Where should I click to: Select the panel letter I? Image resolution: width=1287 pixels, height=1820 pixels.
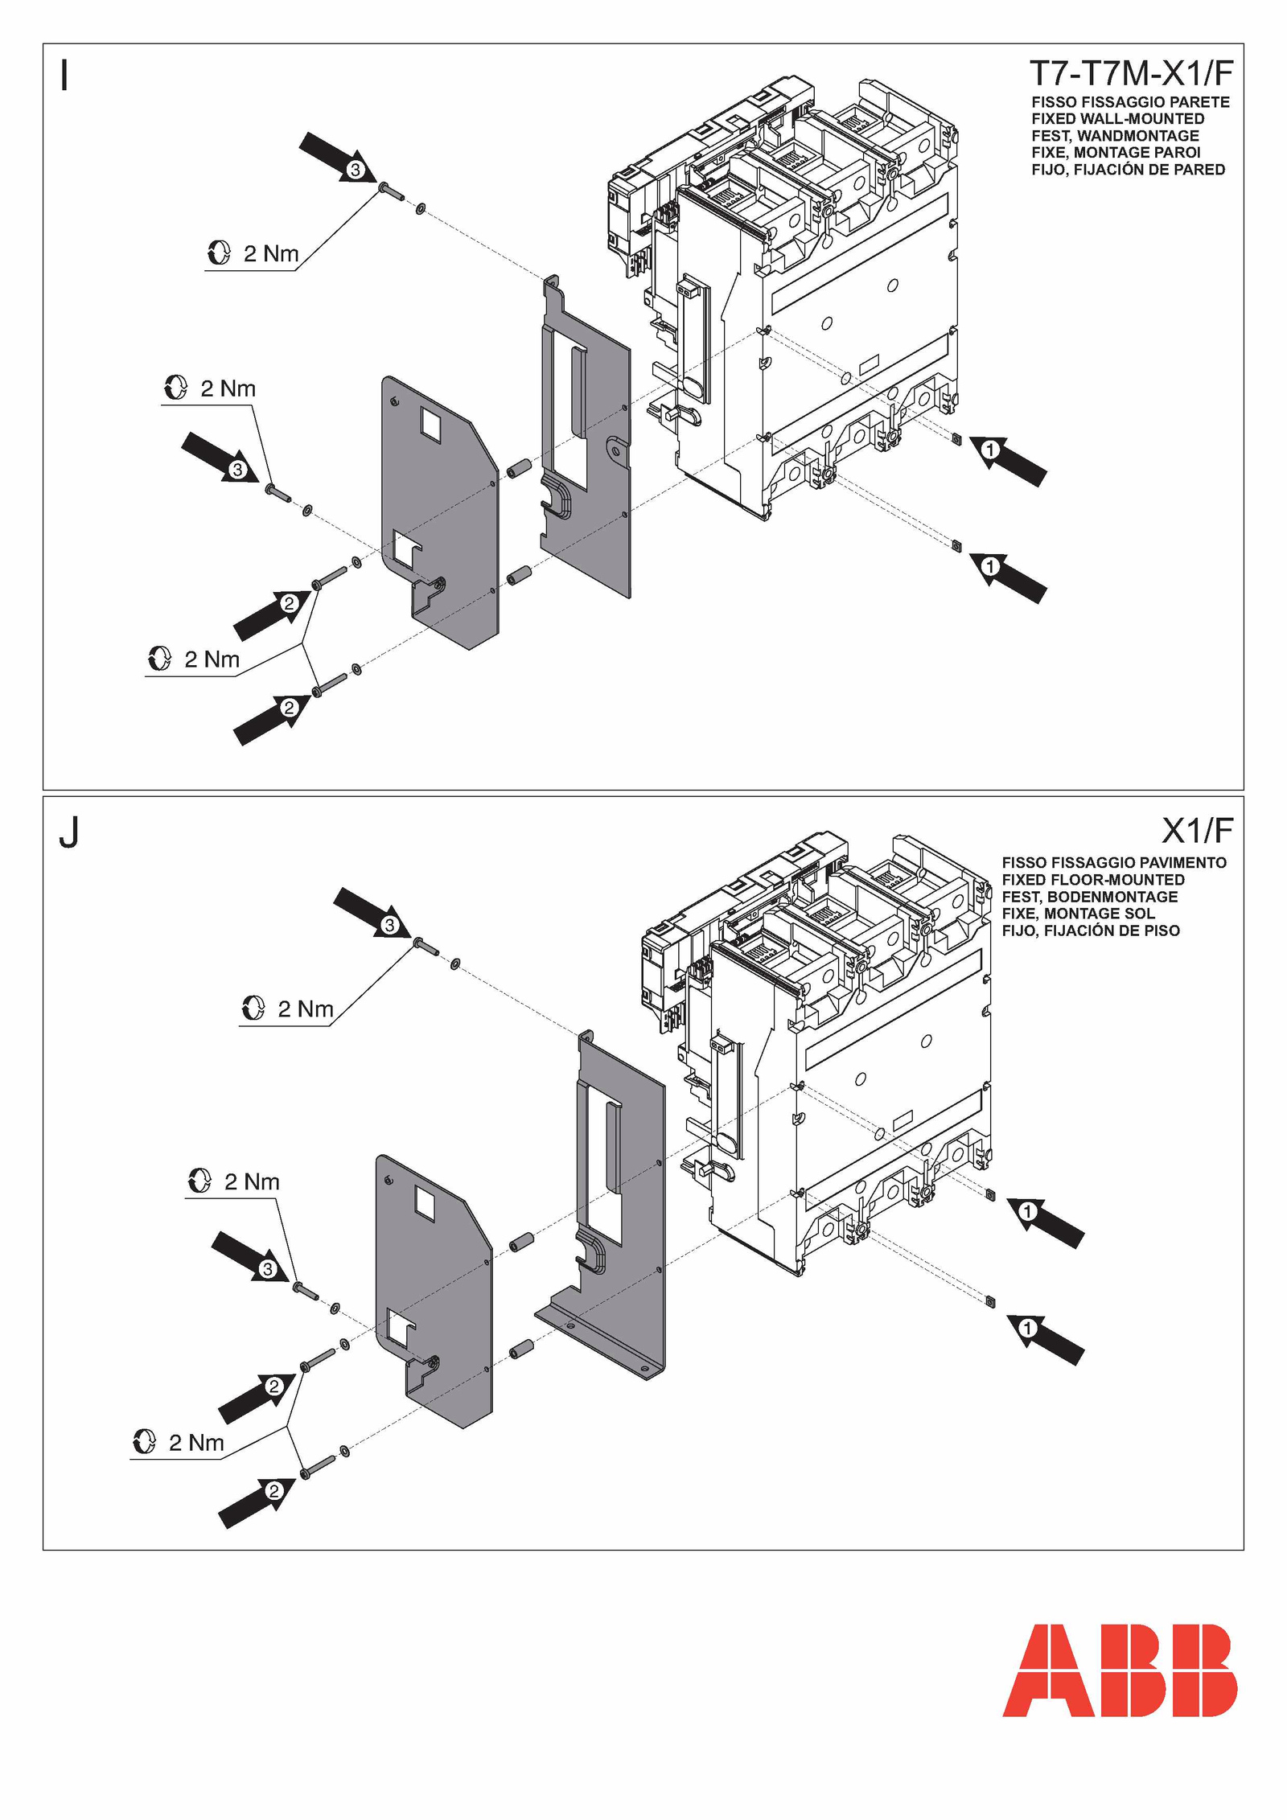pyautogui.click(x=65, y=76)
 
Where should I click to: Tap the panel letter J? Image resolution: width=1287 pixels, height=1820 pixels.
pyautogui.click(x=69, y=832)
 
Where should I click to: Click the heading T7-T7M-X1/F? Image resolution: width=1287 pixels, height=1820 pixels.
pyautogui.click(x=1130, y=74)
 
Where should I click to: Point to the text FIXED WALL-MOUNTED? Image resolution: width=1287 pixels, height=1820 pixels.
pyautogui.click(x=1117, y=119)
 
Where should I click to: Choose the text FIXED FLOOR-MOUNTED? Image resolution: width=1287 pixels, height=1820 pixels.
pyautogui.click(x=1092, y=880)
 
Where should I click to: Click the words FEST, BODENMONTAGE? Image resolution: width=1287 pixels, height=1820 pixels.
pyautogui.click(x=1089, y=897)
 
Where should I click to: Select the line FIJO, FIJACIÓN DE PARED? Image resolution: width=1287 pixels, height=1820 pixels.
pyautogui.click(x=1128, y=170)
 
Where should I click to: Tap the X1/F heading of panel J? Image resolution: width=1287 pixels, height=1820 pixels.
pyautogui.click(x=1197, y=829)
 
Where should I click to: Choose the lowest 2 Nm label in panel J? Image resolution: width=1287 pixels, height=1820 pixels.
pyautogui.click(x=195, y=1443)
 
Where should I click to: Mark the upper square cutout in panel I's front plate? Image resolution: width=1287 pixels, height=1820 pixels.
pyautogui.click(x=431, y=425)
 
